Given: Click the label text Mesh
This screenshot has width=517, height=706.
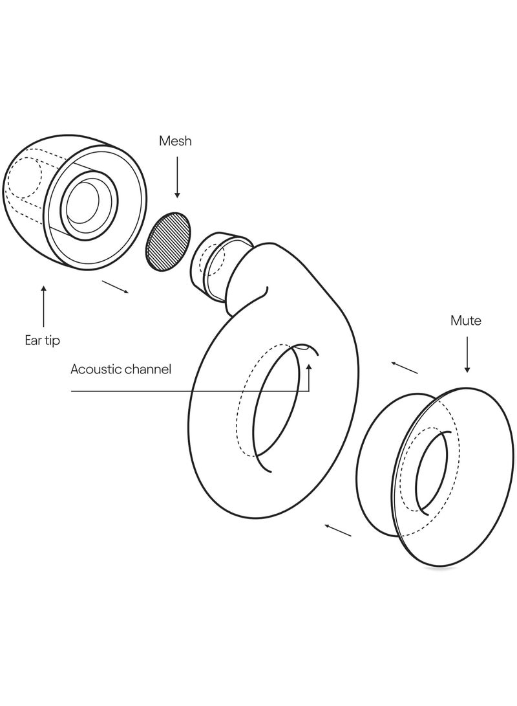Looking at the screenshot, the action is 175,141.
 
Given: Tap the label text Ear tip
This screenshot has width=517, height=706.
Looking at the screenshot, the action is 42,340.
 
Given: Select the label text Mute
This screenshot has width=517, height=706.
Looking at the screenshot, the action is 466,320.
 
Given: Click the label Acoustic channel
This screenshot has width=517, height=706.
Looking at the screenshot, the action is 121,370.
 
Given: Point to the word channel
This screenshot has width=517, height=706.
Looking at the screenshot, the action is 147,370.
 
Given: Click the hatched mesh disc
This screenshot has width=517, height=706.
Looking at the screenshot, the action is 168,242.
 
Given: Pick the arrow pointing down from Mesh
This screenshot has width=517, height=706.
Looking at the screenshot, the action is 177,177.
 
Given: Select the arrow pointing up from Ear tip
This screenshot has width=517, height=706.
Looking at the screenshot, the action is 43,305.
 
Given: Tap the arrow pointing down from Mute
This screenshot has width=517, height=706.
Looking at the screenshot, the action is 467,355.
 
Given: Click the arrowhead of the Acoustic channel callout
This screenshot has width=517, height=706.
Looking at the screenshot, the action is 309,367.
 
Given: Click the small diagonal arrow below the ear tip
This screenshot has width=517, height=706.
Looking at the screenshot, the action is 116,287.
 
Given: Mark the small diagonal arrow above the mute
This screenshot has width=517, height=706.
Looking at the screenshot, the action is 404,368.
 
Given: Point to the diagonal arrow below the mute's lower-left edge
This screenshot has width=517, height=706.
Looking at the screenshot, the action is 337,530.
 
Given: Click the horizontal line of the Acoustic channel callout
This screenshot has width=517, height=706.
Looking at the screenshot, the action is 190,392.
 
